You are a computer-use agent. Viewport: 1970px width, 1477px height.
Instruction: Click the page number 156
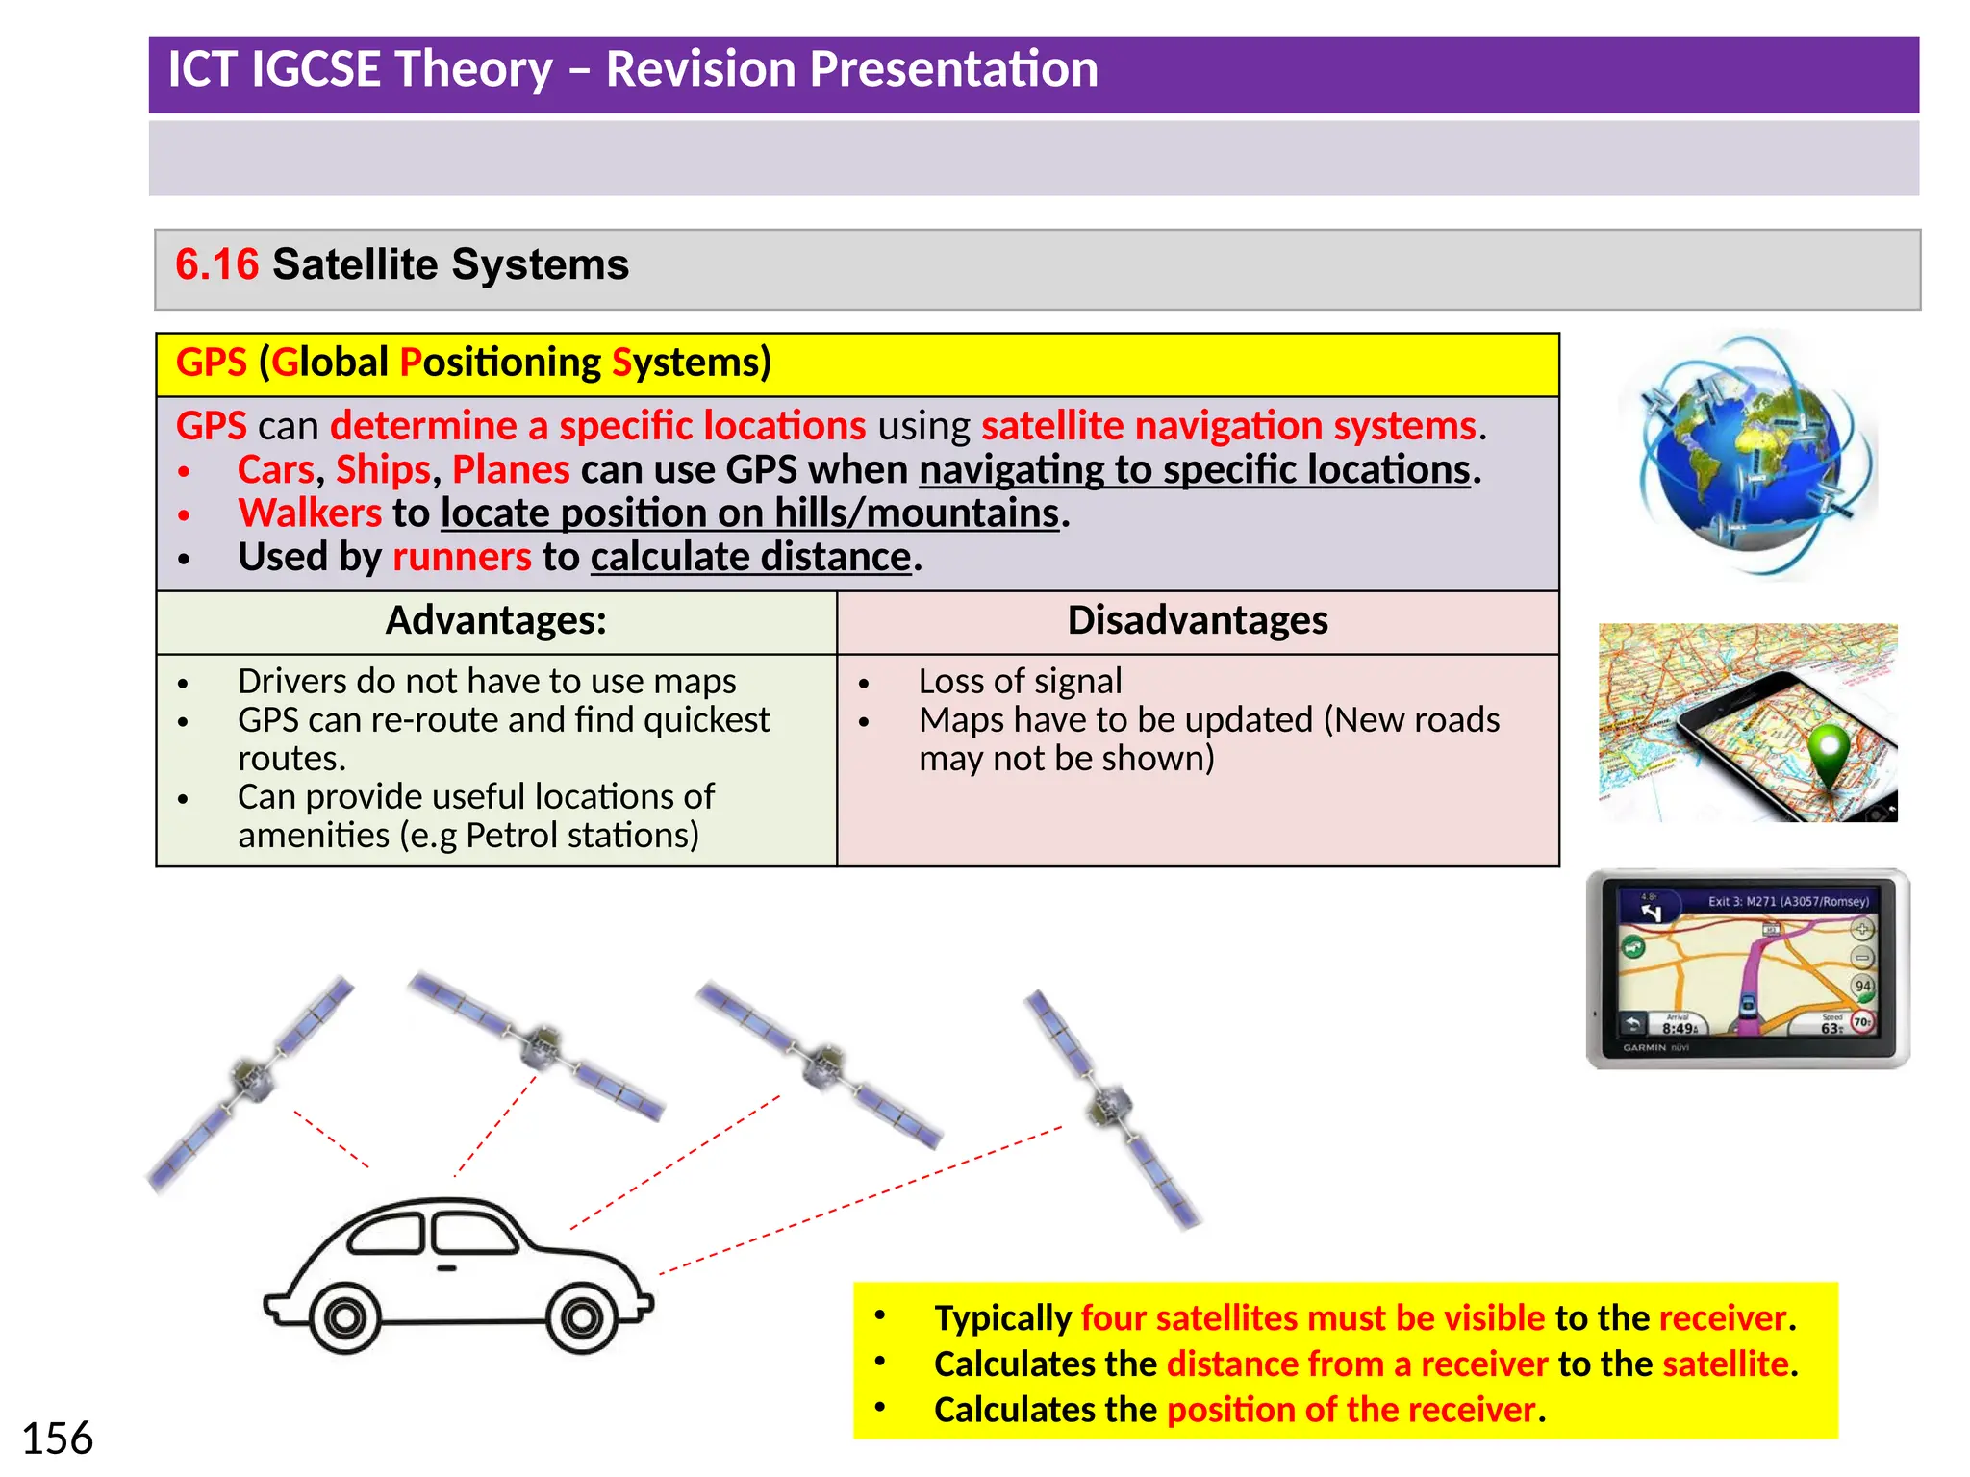(57, 1439)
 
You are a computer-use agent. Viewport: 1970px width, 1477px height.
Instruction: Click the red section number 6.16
(216, 264)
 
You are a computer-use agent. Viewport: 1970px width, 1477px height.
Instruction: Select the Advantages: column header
(495, 620)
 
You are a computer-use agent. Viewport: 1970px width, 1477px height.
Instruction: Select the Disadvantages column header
(1197, 620)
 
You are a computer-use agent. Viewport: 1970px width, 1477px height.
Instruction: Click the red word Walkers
(310, 513)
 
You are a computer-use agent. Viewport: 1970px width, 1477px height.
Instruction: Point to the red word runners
(462, 558)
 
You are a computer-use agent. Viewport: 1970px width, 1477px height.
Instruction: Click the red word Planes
(511, 470)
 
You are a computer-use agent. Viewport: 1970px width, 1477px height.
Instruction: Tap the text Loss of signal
(1020, 681)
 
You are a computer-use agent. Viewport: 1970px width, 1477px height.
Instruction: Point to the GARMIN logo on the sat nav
(1644, 1048)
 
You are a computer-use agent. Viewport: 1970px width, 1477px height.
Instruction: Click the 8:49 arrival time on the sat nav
(1680, 1028)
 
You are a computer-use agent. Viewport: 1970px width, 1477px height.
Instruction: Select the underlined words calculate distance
(750, 558)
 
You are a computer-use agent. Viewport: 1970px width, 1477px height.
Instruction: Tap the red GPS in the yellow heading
(212, 363)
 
